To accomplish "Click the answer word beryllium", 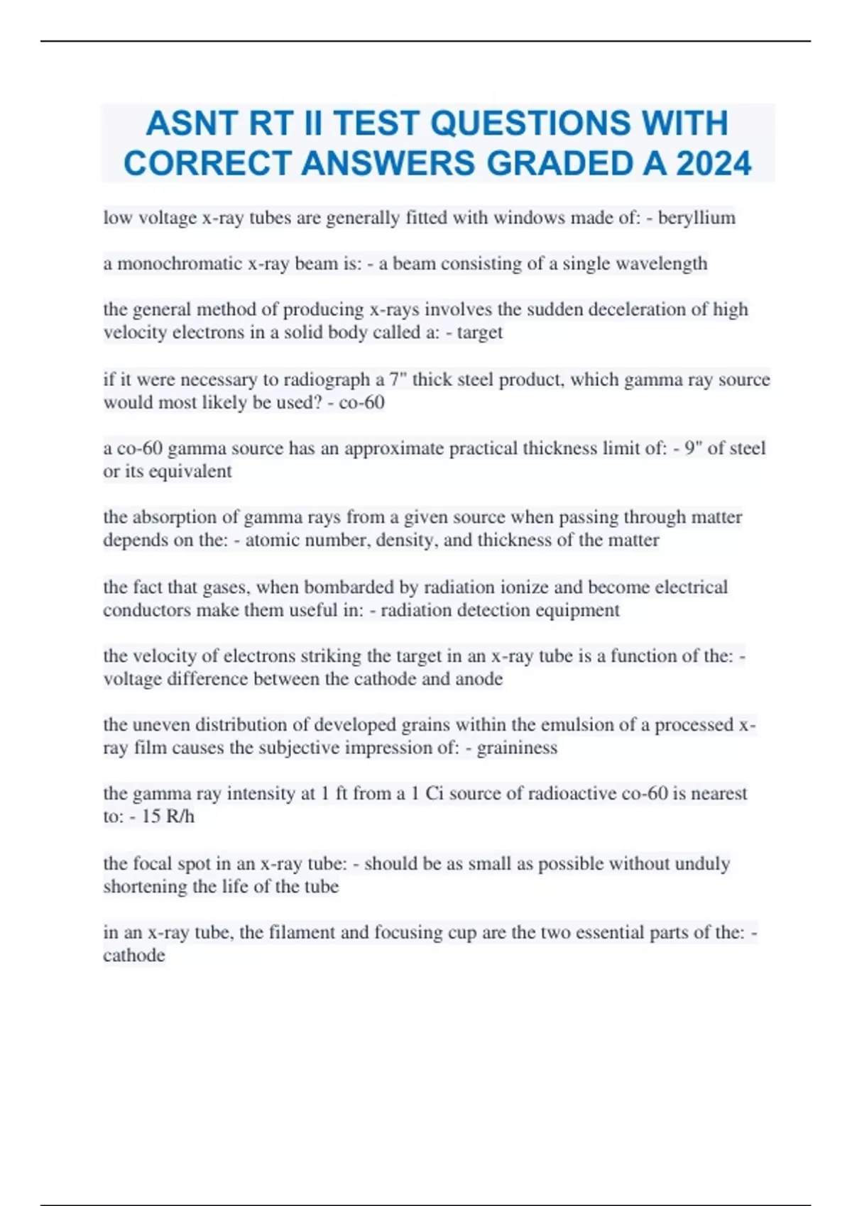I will (697, 218).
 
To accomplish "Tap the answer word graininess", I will (517, 748).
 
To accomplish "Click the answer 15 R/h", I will (168, 817).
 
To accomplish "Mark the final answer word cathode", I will (134, 956).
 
